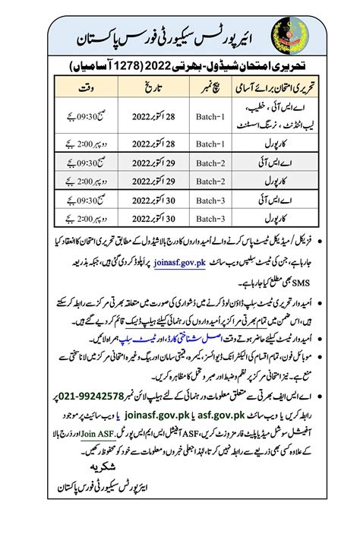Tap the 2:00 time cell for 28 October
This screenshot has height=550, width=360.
coord(85,141)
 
